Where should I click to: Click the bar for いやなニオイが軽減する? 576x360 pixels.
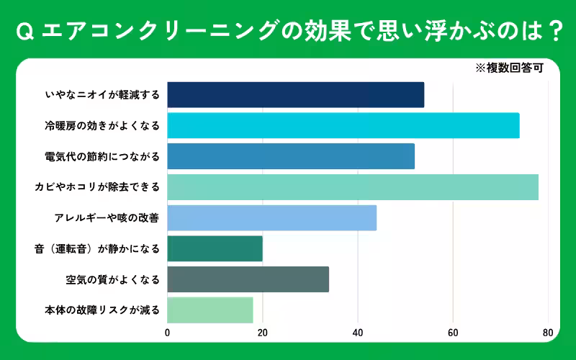pyautogui.click(x=295, y=95)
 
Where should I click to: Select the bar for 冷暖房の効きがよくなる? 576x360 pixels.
pyautogui.click(x=343, y=126)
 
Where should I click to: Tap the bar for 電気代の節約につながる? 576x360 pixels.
pyautogui.click(x=291, y=156)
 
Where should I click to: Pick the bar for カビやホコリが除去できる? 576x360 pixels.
pyautogui.click(x=353, y=187)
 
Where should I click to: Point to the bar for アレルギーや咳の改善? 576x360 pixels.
pyautogui.click(x=271, y=217)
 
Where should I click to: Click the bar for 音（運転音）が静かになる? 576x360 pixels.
pyautogui.click(x=215, y=248)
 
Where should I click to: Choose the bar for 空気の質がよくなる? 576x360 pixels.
pyautogui.click(x=248, y=279)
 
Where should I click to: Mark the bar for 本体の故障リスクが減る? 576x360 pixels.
pyautogui.click(x=210, y=310)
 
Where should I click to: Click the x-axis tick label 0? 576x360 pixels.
pyautogui.click(x=168, y=333)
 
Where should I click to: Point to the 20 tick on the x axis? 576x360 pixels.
pyautogui.click(x=263, y=333)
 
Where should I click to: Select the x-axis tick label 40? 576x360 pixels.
pyautogui.click(x=358, y=333)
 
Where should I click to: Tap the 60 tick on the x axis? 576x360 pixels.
pyautogui.click(x=453, y=333)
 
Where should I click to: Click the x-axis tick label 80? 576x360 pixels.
pyautogui.click(x=548, y=333)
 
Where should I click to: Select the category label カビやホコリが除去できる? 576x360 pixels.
pyautogui.click(x=97, y=187)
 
